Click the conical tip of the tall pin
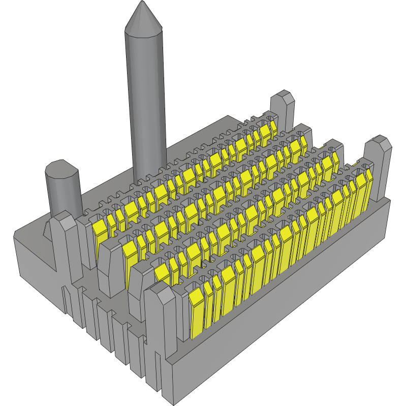(144, 18)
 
